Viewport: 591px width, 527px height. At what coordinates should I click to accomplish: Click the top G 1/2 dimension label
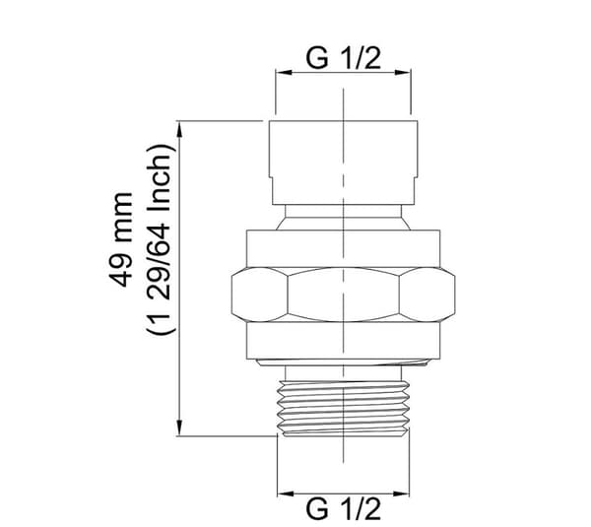344,58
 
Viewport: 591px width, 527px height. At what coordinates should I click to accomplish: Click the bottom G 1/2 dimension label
344,509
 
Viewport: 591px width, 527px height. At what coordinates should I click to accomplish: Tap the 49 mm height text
121,239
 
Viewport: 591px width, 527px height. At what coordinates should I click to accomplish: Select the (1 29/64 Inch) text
161,239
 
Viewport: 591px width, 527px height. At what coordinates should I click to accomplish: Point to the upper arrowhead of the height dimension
180,129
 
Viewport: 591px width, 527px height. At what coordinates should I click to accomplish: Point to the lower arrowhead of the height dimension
180,428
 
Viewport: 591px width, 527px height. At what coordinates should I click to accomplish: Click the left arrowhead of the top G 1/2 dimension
284,72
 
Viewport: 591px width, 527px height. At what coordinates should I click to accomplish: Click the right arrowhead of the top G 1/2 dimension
403,72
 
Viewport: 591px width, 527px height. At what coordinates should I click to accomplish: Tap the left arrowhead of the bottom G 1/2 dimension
286,494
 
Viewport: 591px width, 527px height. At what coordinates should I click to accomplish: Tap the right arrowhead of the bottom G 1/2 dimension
401,494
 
